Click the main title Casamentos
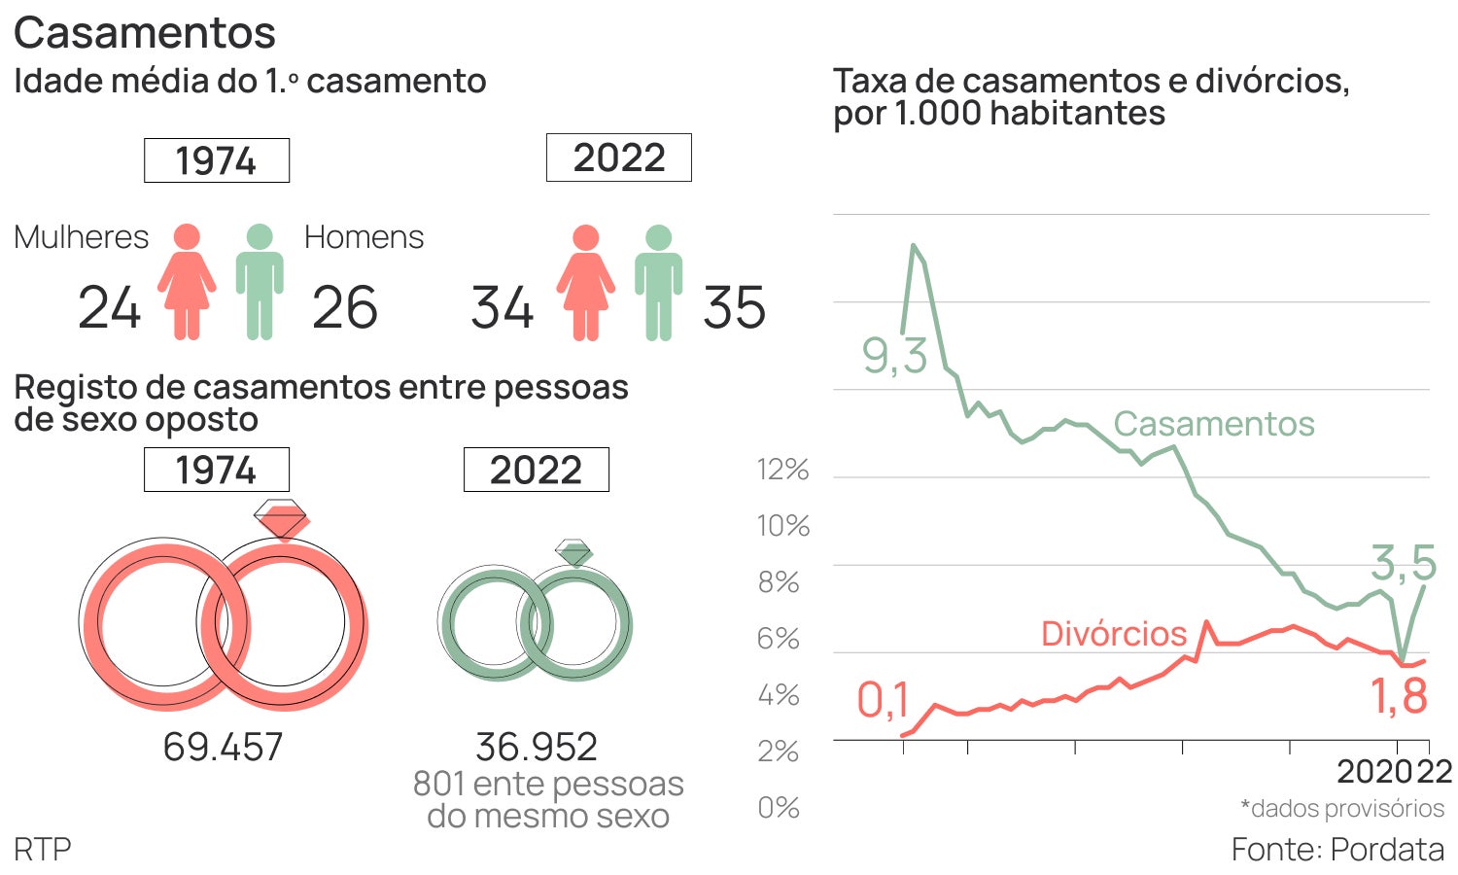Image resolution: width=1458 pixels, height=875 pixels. (145, 33)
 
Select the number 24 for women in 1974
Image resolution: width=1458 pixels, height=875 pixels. (110, 308)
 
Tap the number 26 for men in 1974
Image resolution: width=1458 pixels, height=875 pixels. (344, 308)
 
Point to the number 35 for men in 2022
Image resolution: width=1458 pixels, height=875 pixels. (734, 308)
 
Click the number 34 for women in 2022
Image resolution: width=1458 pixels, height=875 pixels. (503, 308)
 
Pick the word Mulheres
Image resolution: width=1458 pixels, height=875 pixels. (82, 237)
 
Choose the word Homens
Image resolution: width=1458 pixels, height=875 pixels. (364, 237)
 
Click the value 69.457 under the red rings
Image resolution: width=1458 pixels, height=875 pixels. (223, 747)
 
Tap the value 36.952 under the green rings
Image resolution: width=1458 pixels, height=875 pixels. (537, 747)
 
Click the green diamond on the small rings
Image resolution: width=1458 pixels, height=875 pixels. (573, 552)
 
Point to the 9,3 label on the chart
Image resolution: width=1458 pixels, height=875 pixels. (894, 356)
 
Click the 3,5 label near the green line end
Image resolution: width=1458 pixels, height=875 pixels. (1404, 562)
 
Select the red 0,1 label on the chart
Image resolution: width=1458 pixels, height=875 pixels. (883, 700)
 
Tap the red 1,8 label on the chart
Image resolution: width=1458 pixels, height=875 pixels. (1399, 696)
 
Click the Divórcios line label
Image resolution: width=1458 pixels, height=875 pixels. (1114, 634)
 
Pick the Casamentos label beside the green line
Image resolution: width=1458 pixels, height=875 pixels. (1213, 424)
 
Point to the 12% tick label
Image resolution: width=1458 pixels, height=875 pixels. (782, 470)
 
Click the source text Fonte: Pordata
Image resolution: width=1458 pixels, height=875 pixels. (1337, 849)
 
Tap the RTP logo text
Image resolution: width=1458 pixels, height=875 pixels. (43, 849)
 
